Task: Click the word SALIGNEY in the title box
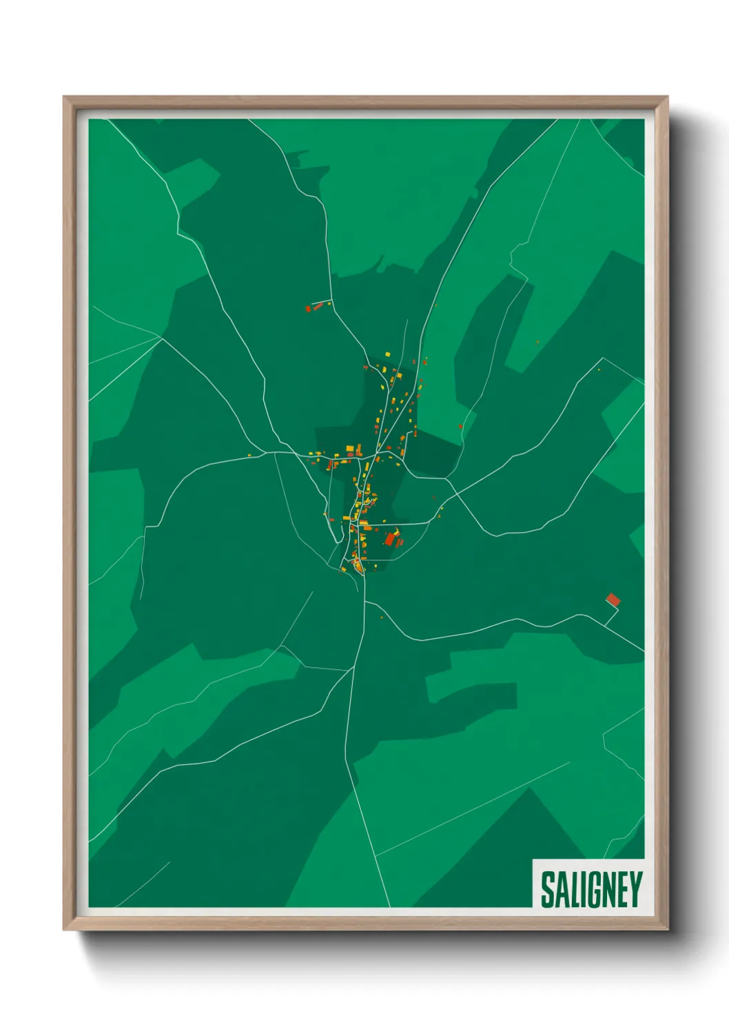click(591, 889)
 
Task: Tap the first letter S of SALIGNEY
click(547, 889)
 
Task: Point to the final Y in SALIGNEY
click(636, 889)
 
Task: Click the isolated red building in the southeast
click(613, 600)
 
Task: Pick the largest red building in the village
click(390, 538)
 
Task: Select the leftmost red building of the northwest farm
click(308, 309)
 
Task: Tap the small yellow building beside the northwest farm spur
click(329, 303)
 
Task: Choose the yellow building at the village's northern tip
click(387, 354)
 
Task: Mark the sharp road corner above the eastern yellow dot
click(604, 358)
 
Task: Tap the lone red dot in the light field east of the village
click(460, 427)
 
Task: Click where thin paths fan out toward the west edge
click(161, 338)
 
